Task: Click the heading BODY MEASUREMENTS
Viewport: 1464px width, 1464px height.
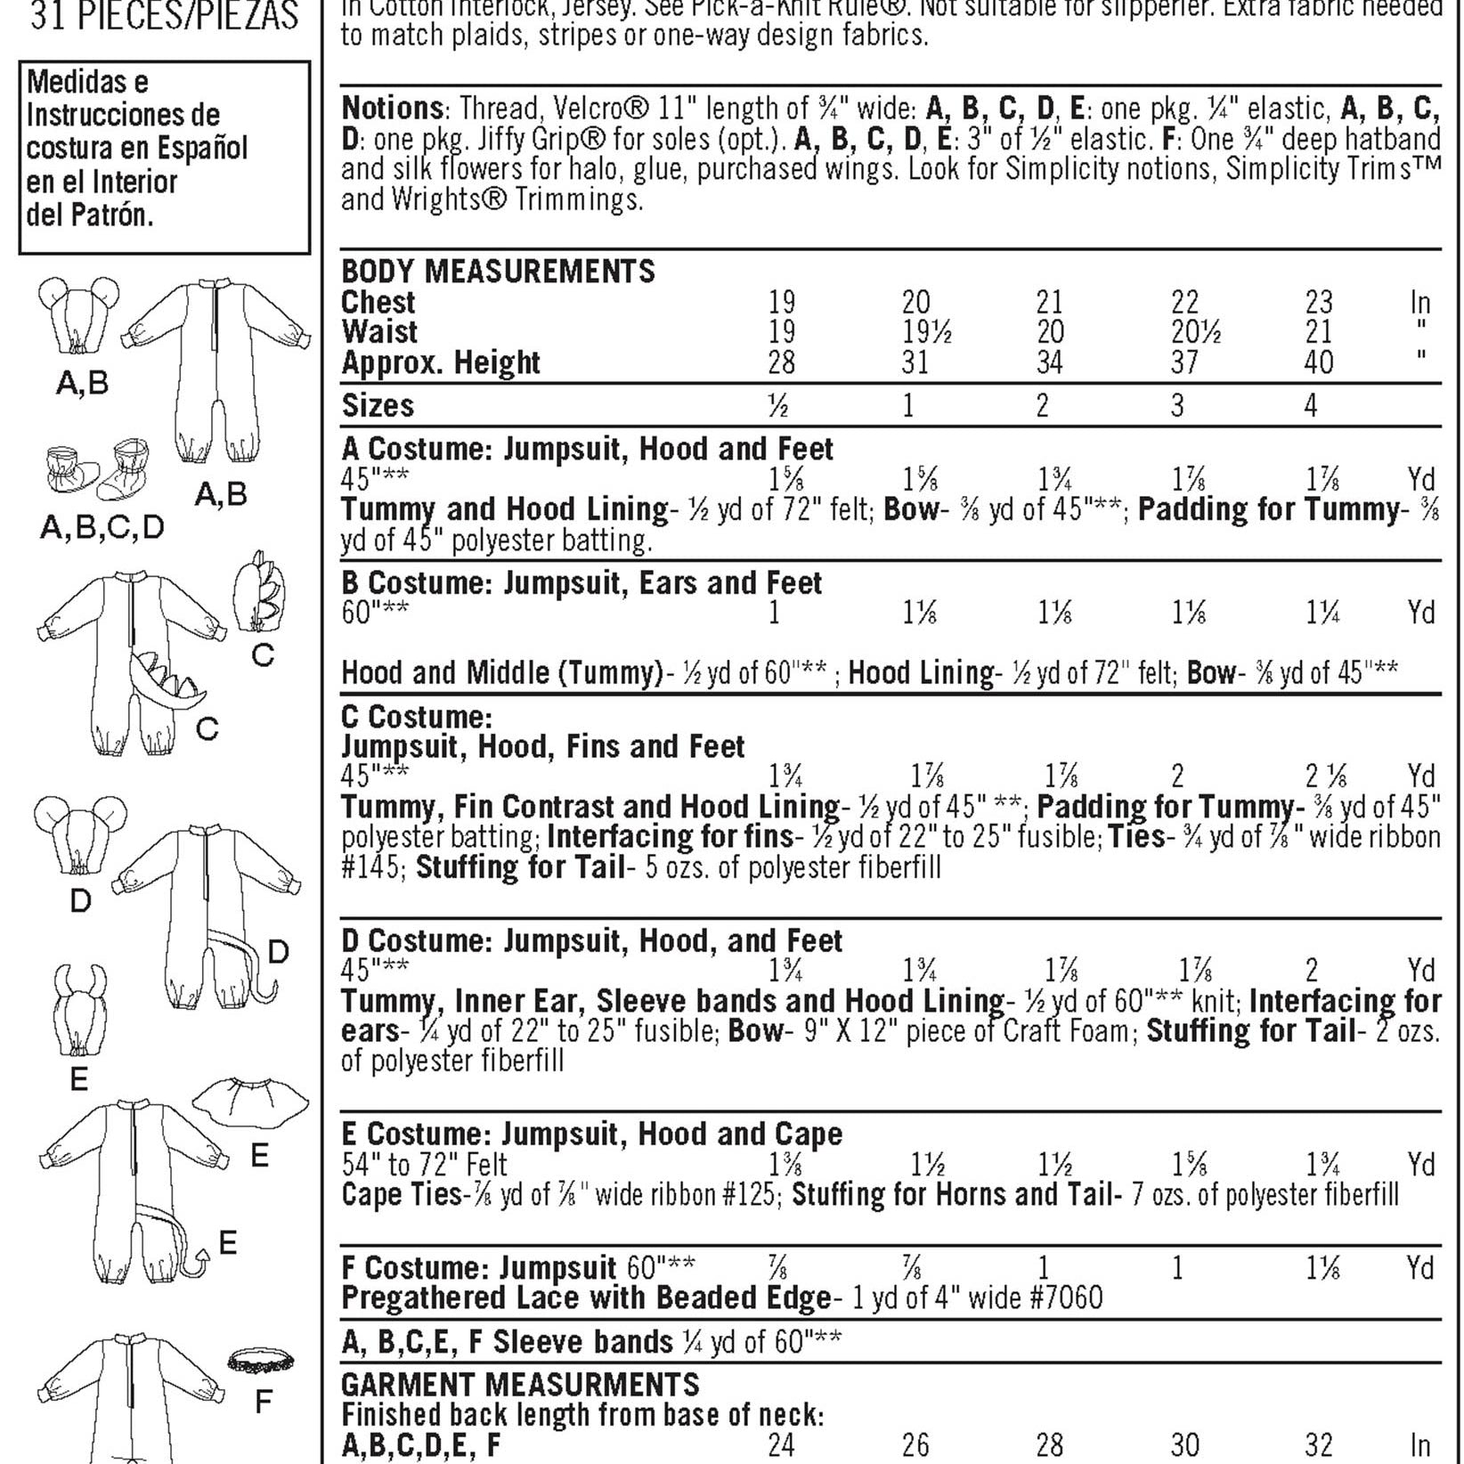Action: point(498,271)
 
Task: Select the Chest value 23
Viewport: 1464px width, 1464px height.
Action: point(1318,302)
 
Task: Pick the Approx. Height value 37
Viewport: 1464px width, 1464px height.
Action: point(1184,362)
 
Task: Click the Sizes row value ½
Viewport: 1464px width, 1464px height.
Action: point(778,406)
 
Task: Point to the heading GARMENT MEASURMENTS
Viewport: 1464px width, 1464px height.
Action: point(521,1385)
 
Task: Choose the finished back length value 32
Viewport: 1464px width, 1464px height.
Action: point(1318,1444)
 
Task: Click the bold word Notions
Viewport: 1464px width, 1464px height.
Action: point(392,109)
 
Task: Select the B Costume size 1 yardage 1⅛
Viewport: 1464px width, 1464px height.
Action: point(919,614)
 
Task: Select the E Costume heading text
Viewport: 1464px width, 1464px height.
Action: point(591,1135)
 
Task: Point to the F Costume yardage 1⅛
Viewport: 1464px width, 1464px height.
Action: point(1322,1268)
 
